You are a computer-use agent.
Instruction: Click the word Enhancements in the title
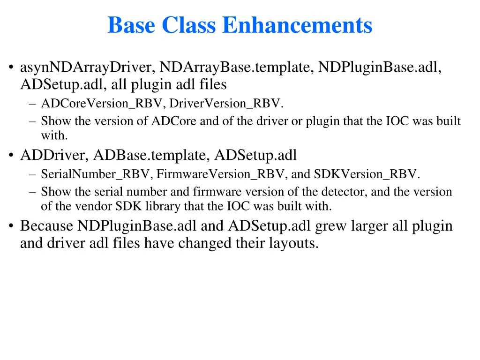(297, 25)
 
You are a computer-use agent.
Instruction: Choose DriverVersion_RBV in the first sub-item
(225, 103)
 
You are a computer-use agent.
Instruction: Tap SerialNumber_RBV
(95, 174)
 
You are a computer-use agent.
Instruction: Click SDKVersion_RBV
(365, 174)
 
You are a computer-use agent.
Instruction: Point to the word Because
(46, 226)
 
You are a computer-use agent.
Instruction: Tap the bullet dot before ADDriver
(10, 156)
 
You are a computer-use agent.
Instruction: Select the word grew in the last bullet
(328, 226)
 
